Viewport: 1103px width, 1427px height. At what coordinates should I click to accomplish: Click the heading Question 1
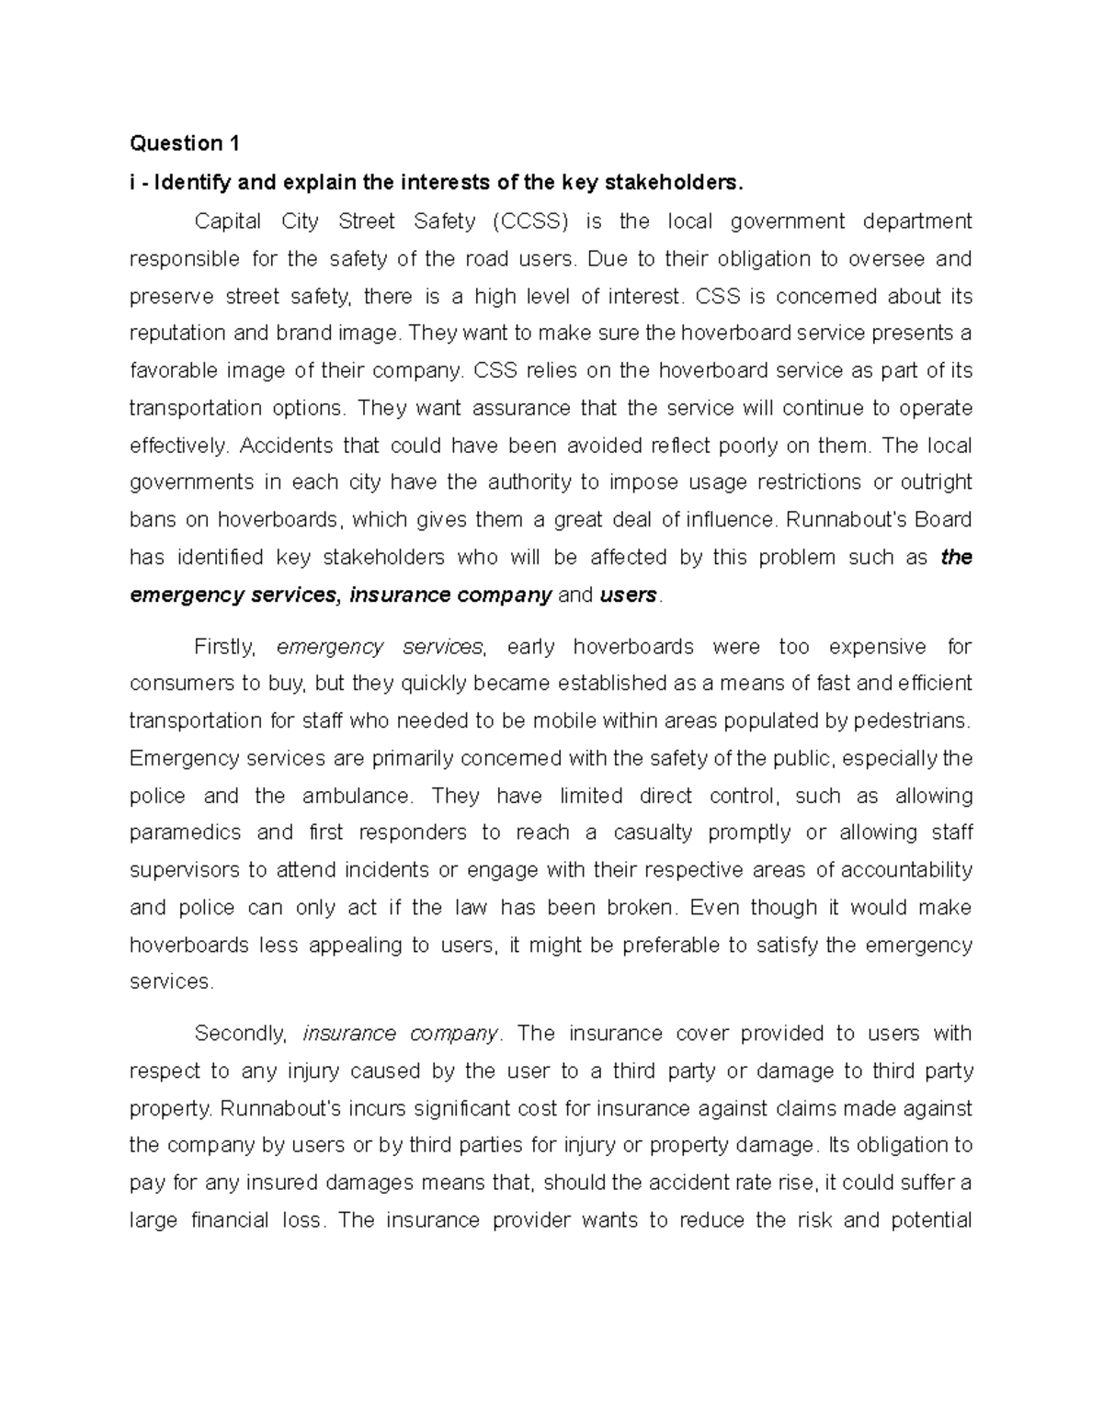tap(185, 143)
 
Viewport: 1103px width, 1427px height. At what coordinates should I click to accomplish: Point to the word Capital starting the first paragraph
tap(227, 221)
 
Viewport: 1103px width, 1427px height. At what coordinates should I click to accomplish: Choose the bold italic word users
tap(629, 595)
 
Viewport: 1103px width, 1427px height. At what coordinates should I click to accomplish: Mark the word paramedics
tap(184, 833)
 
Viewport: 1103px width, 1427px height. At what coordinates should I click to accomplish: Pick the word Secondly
tap(241, 1034)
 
